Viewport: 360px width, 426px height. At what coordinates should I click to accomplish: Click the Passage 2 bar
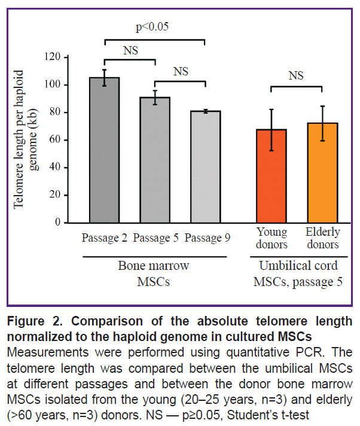[104, 150]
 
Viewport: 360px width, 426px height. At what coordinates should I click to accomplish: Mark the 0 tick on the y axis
[66, 222]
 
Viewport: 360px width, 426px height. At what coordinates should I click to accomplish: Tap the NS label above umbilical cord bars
[296, 76]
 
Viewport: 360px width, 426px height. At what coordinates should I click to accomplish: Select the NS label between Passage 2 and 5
[130, 51]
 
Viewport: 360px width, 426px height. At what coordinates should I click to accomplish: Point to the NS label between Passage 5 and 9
[181, 71]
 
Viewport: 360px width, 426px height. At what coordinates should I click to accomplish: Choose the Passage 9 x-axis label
[208, 239]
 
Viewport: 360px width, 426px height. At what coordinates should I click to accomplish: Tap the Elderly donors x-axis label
[322, 239]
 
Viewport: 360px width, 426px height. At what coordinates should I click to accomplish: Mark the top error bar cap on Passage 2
[104, 69]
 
